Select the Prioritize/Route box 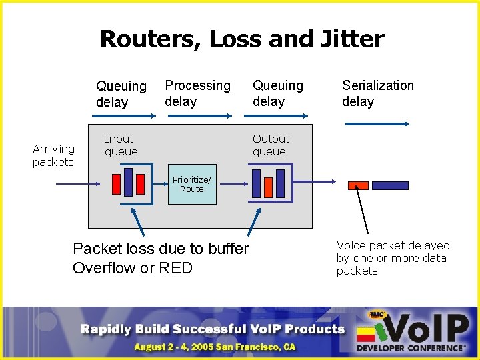[x=191, y=183]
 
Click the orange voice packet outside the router [x=358, y=186]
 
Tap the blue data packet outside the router [x=389, y=186]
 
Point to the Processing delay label [x=197, y=93]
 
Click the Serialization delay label [x=377, y=93]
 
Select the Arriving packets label [x=53, y=155]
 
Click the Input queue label [x=121, y=145]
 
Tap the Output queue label [x=270, y=145]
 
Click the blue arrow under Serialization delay [x=376, y=124]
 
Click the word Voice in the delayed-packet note [x=351, y=245]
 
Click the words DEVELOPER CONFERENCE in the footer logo [x=410, y=347]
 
